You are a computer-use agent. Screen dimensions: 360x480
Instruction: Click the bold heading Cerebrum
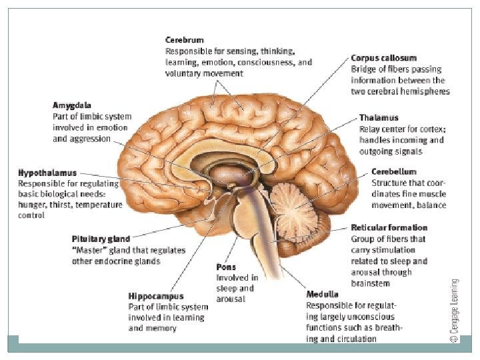click(x=184, y=41)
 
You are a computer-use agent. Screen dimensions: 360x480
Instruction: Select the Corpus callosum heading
click(x=384, y=59)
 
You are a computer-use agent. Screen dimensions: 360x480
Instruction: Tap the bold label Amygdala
click(x=71, y=106)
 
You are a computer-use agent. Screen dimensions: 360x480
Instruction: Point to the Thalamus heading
click(x=378, y=117)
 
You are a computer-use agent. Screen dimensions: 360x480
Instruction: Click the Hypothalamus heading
click(x=47, y=173)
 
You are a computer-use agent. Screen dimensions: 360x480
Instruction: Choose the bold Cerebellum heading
click(x=393, y=171)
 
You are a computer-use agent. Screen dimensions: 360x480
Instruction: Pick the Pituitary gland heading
click(x=101, y=239)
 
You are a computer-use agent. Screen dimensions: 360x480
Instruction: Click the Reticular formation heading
click(x=389, y=228)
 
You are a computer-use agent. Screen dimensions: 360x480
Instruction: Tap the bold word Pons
click(x=226, y=267)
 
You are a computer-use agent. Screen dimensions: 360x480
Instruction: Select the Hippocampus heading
click(x=155, y=295)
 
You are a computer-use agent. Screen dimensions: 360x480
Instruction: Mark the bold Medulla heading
click(x=322, y=294)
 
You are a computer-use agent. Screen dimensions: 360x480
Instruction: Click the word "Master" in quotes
click(x=88, y=250)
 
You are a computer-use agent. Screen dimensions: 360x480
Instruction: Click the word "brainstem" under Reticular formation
click(x=370, y=283)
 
